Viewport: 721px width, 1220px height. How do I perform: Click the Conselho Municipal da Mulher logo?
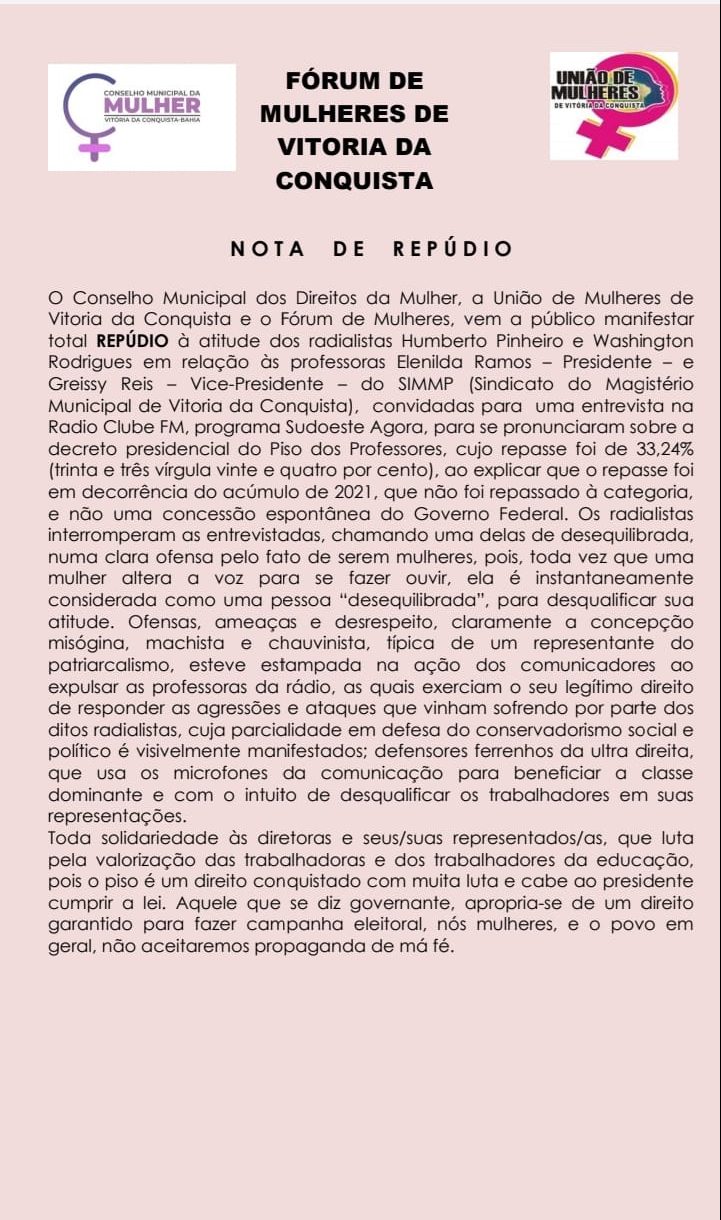(x=141, y=117)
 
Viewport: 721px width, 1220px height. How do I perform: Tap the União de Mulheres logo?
(x=614, y=106)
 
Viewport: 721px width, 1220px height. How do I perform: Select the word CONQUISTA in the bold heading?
(x=355, y=181)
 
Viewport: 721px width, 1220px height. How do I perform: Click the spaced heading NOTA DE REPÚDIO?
(x=371, y=249)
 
